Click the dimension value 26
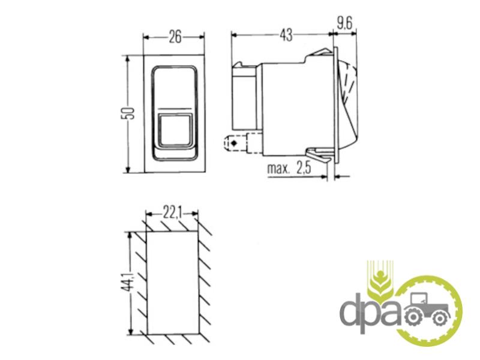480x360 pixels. [x=175, y=37]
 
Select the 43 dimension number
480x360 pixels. [x=286, y=35]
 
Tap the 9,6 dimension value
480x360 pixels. [x=344, y=23]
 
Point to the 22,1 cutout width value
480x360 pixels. [x=172, y=214]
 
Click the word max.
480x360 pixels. [x=278, y=169]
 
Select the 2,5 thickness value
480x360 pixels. [x=304, y=168]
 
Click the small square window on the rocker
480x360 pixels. [x=175, y=129]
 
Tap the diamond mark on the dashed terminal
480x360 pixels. [x=235, y=143]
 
